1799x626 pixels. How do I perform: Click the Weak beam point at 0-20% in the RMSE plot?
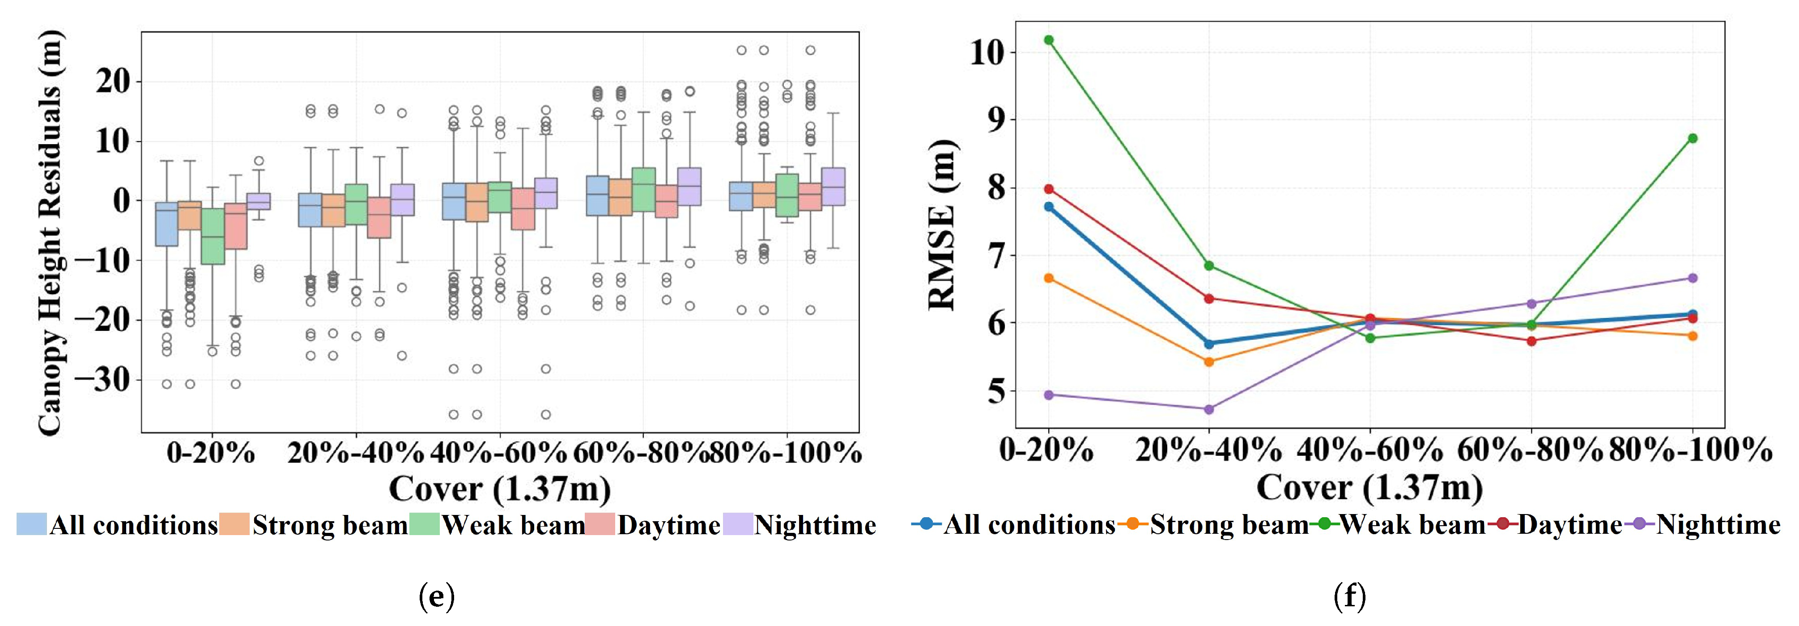point(1048,40)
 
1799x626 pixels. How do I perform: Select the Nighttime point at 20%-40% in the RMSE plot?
point(1209,409)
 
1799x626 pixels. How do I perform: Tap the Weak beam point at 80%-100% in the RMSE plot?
point(1692,138)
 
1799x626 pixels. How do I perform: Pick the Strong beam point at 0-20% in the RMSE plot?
point(1048,278)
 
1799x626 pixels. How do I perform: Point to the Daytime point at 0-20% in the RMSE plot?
point(1048,189)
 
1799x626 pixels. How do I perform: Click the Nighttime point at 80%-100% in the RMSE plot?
point(1692,278)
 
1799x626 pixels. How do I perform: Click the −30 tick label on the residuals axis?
point(102,380)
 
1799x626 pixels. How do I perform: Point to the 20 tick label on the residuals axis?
point(113,82)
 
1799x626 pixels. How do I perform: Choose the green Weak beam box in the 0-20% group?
point(213,236)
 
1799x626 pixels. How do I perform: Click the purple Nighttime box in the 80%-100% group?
point(833,187)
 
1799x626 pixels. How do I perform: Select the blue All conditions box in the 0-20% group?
point(166,224)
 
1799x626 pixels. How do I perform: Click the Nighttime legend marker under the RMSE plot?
point(1642,524)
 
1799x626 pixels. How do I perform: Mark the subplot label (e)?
point(437,596)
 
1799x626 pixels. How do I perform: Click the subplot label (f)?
point(1350,596)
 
